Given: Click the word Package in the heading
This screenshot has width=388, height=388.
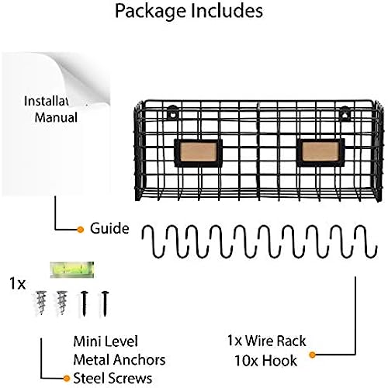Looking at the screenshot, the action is pos(151,12).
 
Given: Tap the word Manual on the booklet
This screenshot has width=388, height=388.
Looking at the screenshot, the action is pos(56,117).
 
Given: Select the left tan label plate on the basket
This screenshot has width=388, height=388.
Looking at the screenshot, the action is pos(199,153).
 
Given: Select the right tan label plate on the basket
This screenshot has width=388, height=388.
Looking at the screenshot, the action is pos(320,152).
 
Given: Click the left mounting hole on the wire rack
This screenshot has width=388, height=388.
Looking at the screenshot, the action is pos(173,113).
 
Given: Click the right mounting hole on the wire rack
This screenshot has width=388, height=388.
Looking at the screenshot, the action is pos(345,114).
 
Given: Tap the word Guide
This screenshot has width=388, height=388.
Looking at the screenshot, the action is pos(109,229).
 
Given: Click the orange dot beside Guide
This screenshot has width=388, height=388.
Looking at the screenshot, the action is pos(81,230).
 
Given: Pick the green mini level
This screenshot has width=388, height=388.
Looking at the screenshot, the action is pos(71,270).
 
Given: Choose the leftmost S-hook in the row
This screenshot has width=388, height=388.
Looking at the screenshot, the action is pos(153,241).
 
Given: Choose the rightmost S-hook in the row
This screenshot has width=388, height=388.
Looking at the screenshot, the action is pos(365,241).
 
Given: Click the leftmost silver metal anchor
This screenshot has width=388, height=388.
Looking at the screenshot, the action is pos(41,303).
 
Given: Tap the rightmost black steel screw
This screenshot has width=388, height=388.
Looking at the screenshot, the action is pos(105,303).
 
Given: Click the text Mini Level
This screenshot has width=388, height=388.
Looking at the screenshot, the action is pos(106,341).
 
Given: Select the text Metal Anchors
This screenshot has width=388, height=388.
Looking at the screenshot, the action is pos(120,360).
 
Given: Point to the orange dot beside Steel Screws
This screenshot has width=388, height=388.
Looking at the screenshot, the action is pos(67,379).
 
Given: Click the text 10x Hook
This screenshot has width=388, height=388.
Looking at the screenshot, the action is pos(266,361).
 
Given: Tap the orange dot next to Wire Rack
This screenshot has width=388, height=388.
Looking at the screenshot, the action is pos(313,355).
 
